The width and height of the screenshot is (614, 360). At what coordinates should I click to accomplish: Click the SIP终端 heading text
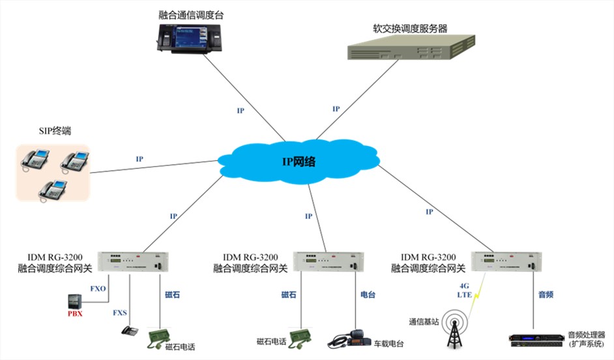(55, 132)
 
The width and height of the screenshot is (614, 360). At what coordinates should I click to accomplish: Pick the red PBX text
(76, 314)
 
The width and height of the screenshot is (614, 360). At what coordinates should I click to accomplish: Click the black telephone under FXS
(130, 330)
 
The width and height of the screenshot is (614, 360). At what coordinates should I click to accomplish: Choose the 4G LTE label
(463, 290)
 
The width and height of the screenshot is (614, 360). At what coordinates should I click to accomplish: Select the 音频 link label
(545, 295)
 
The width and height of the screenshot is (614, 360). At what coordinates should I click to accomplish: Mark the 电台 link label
(368, 295)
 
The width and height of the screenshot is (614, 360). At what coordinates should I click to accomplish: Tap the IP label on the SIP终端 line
(139, 159)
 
